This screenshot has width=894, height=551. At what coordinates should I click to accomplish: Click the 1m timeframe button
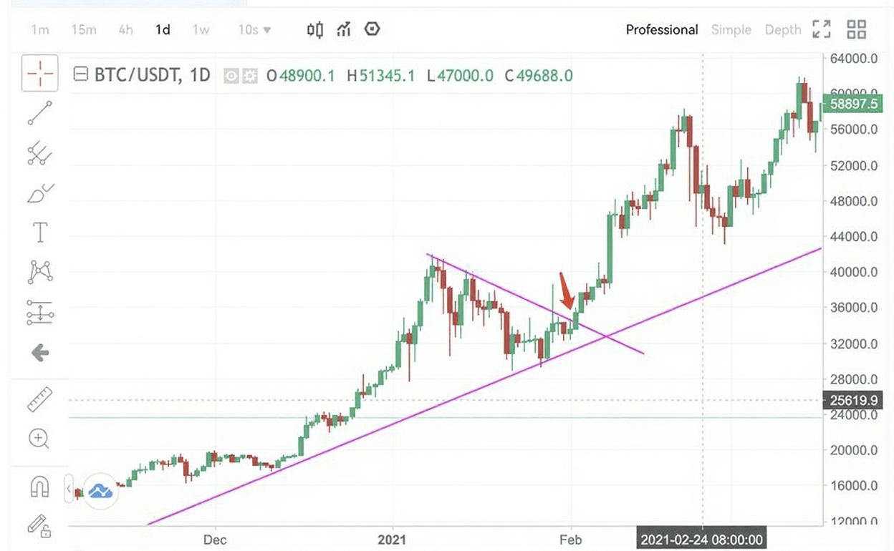coord(40,30)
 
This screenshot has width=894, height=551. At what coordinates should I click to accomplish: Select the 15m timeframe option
coord(84,30)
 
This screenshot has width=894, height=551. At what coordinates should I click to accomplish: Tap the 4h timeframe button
coord(125,30)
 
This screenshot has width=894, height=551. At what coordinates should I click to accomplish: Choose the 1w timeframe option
coord(201,30)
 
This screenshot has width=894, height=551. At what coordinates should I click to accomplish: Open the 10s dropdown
coord(255,30)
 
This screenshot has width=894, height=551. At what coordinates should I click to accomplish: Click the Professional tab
coord(661,30)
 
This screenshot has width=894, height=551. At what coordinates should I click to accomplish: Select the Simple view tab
coord(731,30)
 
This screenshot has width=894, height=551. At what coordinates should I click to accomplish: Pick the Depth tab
coord(782,30)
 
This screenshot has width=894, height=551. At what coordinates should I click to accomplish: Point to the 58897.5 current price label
coord(853,104)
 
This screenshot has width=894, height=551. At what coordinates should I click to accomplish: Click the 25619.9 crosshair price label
coord(853,400)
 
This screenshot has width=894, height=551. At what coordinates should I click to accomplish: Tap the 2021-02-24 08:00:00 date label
coord(701,539)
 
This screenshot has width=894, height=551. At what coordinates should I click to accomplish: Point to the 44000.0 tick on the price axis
coord(853,236)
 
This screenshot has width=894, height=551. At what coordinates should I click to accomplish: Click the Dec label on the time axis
coord(215,539)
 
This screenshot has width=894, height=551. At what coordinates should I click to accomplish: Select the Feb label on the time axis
coord(570,539)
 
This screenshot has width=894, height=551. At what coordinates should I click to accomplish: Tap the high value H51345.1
coord(380,75)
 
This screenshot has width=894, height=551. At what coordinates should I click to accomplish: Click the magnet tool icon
coord(39,487)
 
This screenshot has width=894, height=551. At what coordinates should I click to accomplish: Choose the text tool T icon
coord(40,233)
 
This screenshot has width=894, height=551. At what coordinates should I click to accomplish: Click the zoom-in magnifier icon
coord(39,439)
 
